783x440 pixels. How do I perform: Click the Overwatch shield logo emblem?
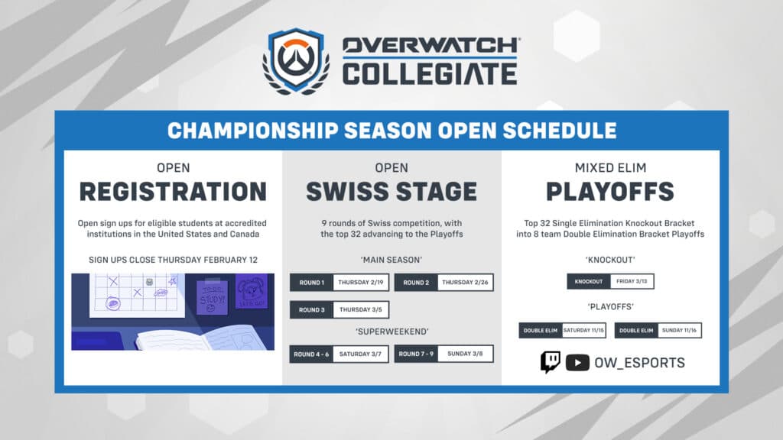296,61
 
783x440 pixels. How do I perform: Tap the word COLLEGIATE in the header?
429,74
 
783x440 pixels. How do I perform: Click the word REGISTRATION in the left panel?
173,191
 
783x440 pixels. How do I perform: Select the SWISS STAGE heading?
391,191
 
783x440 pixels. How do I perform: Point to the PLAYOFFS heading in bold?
610,191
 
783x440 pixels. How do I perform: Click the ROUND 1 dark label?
312,283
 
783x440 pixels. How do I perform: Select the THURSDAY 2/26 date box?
466,283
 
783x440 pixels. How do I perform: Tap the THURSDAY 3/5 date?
361,310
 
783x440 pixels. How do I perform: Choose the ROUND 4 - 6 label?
310,354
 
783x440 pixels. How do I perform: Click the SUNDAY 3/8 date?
466,354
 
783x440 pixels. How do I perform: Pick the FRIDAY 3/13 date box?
632,281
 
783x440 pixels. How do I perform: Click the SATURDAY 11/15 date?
584,330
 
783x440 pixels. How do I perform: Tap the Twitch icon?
551,362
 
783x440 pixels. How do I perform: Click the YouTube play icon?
577,363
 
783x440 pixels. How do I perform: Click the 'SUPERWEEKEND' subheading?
391,332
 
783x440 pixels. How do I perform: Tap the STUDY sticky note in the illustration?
212,296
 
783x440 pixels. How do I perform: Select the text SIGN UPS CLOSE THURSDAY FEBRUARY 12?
173,260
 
